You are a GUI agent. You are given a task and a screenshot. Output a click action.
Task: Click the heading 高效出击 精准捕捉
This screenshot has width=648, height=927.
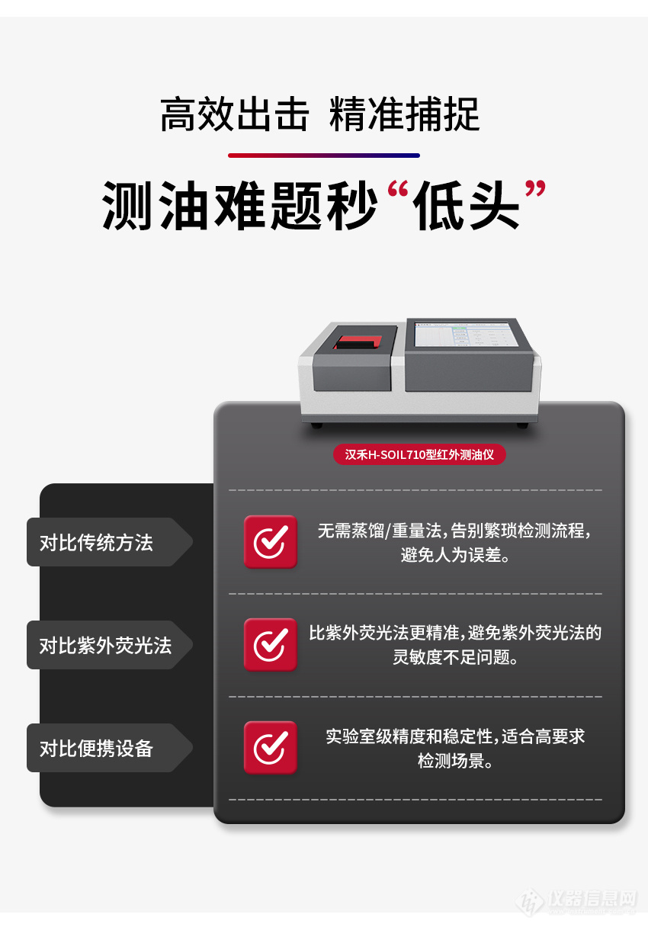pyautogui.click(x=319, y=115)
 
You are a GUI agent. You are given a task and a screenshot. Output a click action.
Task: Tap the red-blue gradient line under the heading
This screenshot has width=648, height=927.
pyautogui.click(x=323, y=156)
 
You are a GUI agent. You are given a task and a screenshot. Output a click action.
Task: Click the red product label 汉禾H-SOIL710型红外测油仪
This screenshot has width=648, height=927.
pyautogui.click(x=419, y=454)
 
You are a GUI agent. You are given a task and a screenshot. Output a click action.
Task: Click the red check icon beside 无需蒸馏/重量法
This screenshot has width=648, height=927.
pyautogui.click(x=270, y=542)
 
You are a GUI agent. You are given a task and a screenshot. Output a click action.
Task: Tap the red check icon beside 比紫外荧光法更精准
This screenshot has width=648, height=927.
pyautogui.click(x=270, y=645)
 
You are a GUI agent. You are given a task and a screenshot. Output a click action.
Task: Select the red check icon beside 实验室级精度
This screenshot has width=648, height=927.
pyautogui.click(x=270, y=748)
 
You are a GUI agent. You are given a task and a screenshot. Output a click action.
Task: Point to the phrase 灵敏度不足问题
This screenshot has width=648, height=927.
pyautogui.click(x=455, y=657)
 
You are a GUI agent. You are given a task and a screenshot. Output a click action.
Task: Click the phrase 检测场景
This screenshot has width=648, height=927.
pyautogui.click(x=455, y=761)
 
